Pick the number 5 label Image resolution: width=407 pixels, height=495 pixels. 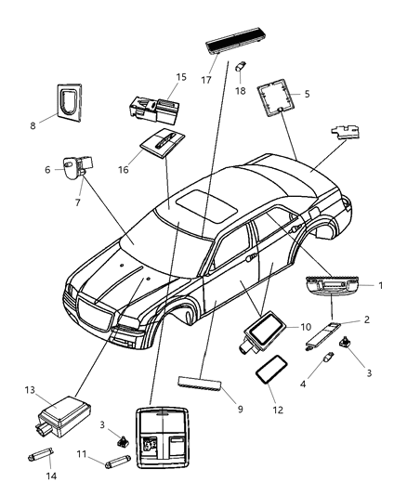306,94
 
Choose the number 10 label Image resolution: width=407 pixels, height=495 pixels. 305,327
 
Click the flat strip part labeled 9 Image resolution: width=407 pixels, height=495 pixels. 200,384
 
